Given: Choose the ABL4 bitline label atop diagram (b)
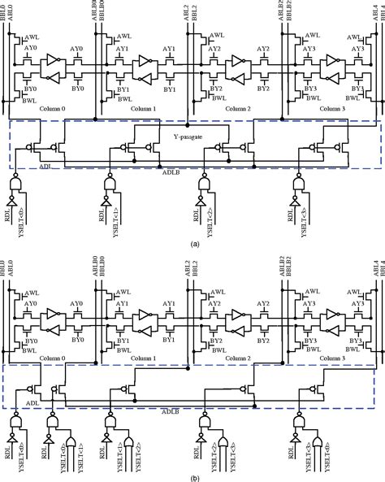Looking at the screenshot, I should [x=373, y=264].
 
